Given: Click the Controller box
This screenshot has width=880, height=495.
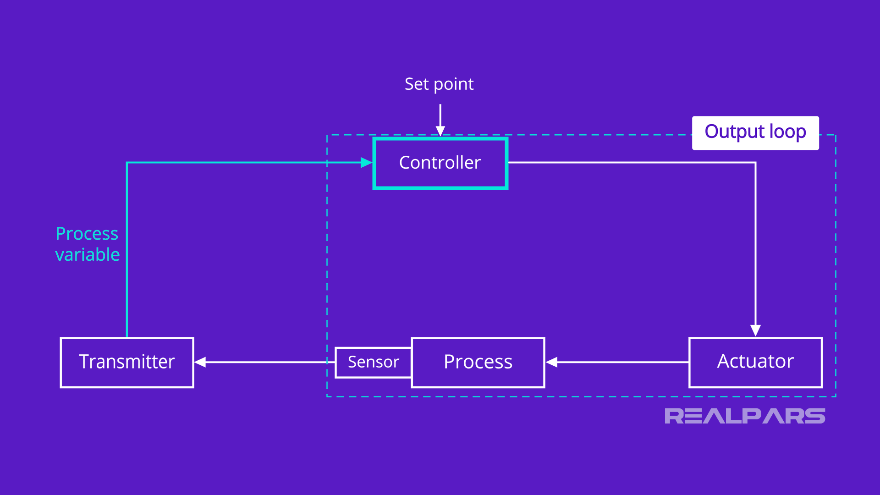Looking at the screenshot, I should click(440, 163).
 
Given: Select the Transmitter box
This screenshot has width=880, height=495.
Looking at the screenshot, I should click(127, 363).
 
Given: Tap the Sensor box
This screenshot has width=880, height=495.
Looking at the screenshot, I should click(374, 363).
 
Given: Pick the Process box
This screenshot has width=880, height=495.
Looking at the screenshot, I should click(478, 363).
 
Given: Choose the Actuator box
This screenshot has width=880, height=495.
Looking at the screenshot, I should click(755, 363).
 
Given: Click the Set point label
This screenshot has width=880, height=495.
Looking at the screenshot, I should click(439, 84).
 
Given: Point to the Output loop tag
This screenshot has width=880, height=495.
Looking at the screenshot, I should click(755, 132).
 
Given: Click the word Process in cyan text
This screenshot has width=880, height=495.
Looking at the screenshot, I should click(87, 234).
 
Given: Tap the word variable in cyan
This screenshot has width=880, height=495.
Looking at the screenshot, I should click(88, 255).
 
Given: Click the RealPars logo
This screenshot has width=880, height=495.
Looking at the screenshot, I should click(745, 416).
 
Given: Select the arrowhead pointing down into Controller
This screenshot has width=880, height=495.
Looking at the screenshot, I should click(440, 131).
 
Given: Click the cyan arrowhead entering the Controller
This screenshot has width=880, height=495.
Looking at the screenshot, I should click(366, 163).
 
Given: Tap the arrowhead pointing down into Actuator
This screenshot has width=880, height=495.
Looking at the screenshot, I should click(755, 330).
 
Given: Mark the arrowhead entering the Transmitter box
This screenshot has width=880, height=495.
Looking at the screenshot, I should click(200, 363).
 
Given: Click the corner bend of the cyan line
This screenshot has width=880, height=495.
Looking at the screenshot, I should click(127, 163).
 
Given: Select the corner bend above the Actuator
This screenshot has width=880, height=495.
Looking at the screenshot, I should click(755, 163).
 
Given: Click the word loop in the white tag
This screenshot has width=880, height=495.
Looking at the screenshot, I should click(787, 132).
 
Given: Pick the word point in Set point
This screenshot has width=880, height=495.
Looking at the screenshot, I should click(454, 85).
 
